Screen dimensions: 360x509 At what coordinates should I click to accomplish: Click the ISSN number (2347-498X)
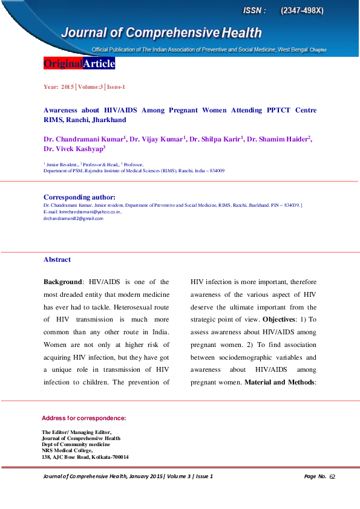(x=302, y=11)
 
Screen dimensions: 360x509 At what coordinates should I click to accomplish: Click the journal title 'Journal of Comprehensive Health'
(x=160, y=33)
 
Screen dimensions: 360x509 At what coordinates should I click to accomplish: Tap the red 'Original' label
(x=63, y=63)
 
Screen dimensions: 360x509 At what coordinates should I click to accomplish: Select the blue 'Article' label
(x=99, y=63)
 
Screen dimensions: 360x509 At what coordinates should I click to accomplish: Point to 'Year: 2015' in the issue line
(x=58, y=87)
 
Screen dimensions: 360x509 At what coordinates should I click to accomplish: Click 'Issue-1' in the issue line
(x=116, y=87)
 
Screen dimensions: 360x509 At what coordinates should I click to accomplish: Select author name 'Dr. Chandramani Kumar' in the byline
(x=83, y=139)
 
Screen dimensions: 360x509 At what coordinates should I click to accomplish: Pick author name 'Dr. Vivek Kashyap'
(x=73, y=149)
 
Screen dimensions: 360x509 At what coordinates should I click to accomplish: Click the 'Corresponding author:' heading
(x=79, y=197)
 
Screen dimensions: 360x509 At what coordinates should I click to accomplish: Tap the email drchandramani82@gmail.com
(x=73, y=218)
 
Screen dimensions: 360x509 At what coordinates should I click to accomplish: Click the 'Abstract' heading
(x=57, y=259)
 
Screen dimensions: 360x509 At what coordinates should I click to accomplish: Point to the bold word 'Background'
(x=62, y=282)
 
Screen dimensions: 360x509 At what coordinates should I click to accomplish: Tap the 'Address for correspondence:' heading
(x=83, y=418)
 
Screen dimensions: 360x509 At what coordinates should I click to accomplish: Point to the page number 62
(x=332, y=476)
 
